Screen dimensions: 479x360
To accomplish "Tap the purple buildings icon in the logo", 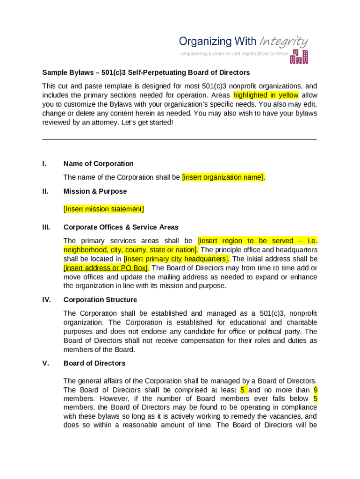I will point(299,57).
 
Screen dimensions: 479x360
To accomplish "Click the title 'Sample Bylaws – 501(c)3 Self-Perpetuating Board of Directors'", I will point(146,73).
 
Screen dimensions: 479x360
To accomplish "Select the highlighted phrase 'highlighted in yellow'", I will point(266,95).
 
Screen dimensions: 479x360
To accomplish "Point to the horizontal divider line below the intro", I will point(180,139).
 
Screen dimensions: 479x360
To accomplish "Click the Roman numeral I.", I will point(44,164).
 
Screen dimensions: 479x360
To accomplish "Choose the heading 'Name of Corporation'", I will point(98,164).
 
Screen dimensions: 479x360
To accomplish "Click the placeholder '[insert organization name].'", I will point(223,177).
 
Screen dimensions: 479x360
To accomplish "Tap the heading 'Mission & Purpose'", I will point(95,191).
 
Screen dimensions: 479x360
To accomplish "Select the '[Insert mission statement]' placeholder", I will point(103,209).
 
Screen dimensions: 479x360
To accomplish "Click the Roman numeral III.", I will point(46,227).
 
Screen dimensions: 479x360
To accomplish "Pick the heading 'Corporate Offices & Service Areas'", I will point(121,227).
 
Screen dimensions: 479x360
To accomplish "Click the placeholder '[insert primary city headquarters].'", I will point(177,259).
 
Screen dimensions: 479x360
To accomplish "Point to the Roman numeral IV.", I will point(47,300).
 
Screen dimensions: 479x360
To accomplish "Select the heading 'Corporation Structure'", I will point(100,300).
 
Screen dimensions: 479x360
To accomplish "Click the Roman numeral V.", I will point(45,363).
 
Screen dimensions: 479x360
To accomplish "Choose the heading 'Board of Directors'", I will point(94,363).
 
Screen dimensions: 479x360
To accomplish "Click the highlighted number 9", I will point(316,390).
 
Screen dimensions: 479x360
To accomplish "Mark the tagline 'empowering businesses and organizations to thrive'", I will point(234,54).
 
